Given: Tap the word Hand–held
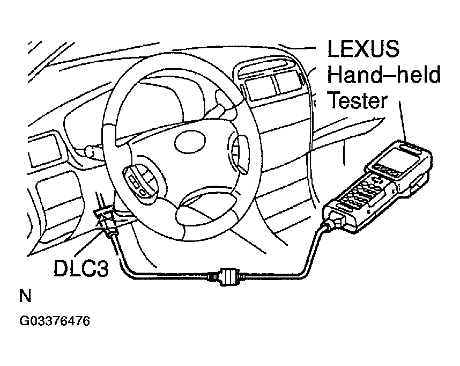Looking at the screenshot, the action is (384, 75).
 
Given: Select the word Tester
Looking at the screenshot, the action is (358, 100).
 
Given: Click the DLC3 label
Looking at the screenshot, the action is (81, 268).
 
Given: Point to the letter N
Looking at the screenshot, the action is (25, 296).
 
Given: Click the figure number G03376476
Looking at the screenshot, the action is (55, 321).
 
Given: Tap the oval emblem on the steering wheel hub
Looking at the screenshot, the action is (189, 141).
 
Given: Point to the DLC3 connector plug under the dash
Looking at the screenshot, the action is (106, 221).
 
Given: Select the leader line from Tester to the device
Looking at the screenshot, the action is (403, 121).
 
